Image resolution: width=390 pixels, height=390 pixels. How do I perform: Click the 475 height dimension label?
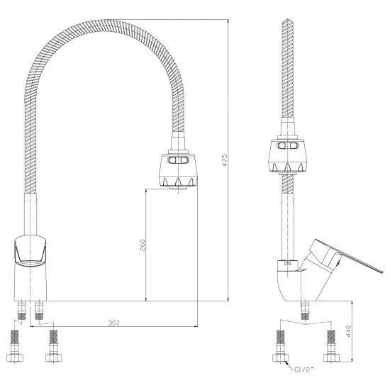(x=224, y=160)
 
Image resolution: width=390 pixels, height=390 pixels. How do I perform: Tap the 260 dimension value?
(x=142, y=245)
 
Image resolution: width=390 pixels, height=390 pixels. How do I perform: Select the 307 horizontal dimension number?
(x=114, y=323)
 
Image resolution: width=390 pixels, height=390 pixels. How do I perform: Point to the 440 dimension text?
(x=349, y=331)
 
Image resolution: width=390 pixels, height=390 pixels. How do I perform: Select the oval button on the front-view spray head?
(x=178, y=160)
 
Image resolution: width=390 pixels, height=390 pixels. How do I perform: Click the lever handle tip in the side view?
(x=381, y=272)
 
